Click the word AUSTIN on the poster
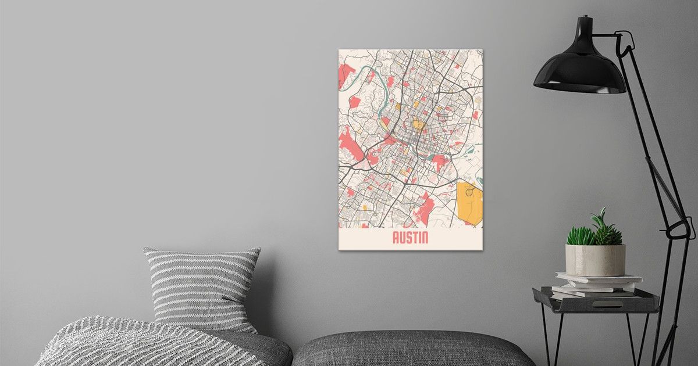pos(411,238)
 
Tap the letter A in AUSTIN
pos(396,238)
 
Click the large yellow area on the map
pos(469,203)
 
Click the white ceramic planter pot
pos(595,260)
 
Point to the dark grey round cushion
pos(413,349)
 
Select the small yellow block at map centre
pos(418,124)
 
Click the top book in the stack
pos(599,278)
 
